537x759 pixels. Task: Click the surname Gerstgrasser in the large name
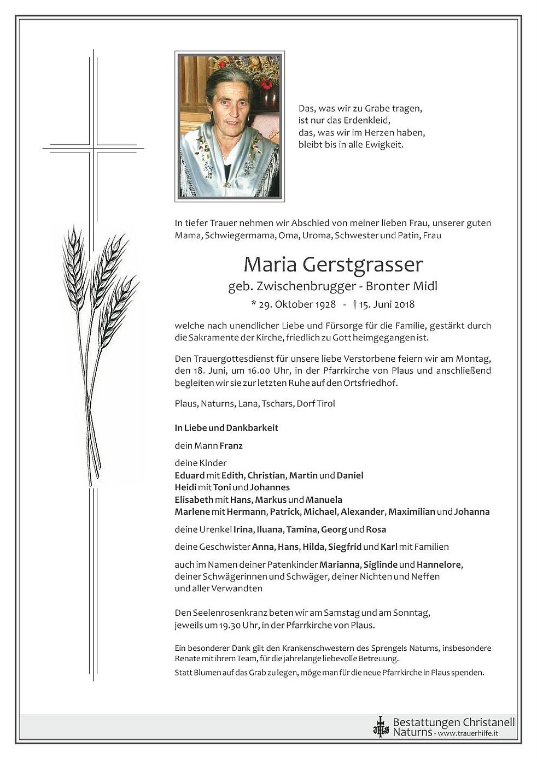(x=363, y=265)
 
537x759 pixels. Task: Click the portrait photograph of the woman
(x=230, y=126)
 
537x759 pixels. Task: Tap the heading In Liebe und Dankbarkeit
(x=226, y=428)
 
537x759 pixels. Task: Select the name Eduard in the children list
(x=189, y=475)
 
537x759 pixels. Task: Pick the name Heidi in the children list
(x=185, y=487)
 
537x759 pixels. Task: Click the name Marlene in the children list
(x=192, y=512)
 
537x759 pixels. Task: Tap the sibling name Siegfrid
(x=344, y=546)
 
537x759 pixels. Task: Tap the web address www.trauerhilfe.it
(x=468, y=733)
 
